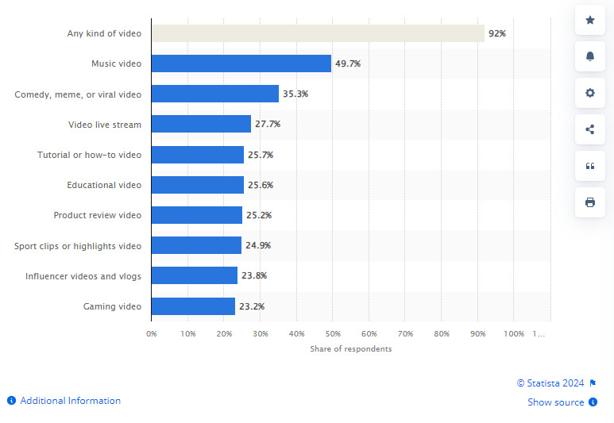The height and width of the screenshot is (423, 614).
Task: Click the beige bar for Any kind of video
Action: [x=318, y=33]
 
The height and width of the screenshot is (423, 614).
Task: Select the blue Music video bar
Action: [x=241, y=63]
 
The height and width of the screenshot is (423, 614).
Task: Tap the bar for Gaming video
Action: [x=194, y=306]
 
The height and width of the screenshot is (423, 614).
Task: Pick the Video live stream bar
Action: [x=201, y=124]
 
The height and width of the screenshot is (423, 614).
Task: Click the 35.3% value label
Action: [x=295, y=94]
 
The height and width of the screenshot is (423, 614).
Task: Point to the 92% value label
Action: [x=497, y=33]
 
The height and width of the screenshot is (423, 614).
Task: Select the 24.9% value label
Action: [x=258, y=245]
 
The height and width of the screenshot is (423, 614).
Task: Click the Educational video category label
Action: [x=104, y=185]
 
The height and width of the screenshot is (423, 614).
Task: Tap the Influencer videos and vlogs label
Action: [x=83, y=276]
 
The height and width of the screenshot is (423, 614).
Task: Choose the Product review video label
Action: [x=98, y=215]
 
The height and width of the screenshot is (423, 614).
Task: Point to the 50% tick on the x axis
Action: [x=333, y=334]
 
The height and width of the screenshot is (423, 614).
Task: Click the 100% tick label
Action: [x=514, y=334]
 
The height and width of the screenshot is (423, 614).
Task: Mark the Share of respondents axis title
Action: [x=351, y=348]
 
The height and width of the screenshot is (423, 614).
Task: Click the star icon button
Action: [x=590, y=20]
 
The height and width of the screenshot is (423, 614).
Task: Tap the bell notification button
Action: [x=590, y=56]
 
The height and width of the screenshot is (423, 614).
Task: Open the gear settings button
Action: [x=590, y=93]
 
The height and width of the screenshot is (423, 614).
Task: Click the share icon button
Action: [x=590, y=129]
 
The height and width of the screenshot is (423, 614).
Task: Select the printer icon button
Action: [x=590, y=202]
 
